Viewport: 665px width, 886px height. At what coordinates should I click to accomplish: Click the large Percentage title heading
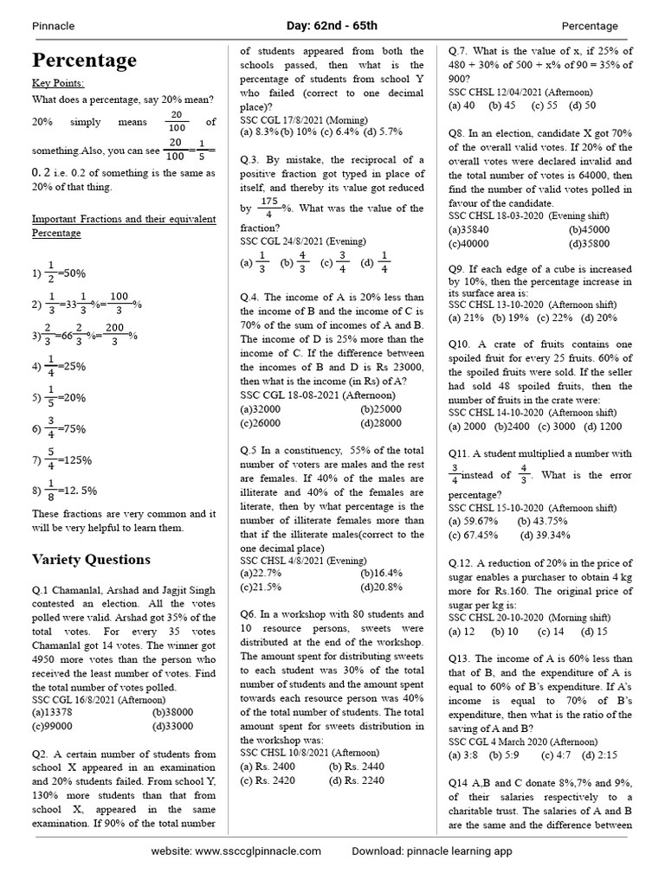coord(84,60)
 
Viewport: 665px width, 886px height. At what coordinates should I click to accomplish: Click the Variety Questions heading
coord(91,558)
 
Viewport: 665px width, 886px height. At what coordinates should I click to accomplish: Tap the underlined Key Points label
coord(58,83)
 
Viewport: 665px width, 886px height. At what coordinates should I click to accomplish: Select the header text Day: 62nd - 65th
coord(332,26)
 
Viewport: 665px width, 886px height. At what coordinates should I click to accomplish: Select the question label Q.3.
coord(250,160)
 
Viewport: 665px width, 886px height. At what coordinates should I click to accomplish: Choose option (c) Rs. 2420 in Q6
coord(268,780)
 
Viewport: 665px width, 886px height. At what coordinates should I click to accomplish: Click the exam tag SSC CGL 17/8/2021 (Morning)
coord(303,119)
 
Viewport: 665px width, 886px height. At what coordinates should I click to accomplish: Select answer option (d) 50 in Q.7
coord(582,106)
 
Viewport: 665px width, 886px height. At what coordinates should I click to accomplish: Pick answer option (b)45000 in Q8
coord(589,230)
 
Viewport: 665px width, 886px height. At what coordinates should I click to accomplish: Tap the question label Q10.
coord(459,343)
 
